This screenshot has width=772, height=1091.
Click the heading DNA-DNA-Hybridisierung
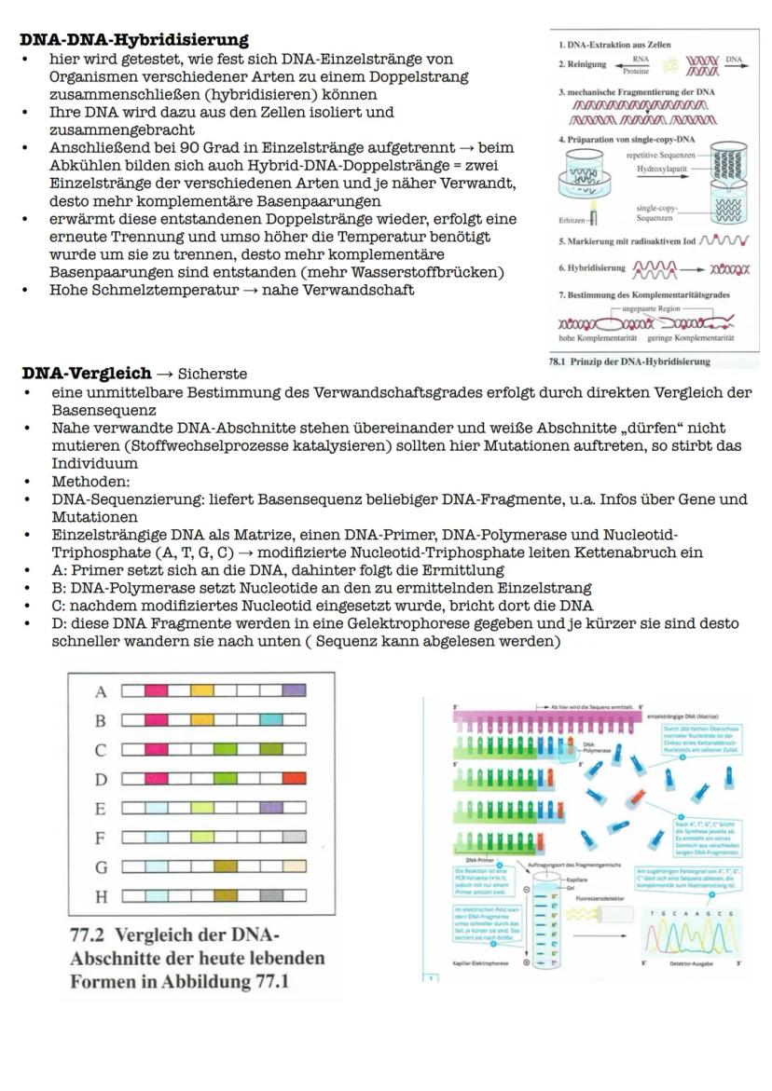tap(134, 39)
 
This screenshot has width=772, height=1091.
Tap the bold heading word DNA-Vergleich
tap(87, 373)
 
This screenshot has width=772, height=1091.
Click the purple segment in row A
tap(294, 691)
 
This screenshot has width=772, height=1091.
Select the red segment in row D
tap(294, 778)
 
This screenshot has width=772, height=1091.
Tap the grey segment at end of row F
tap(294, 837)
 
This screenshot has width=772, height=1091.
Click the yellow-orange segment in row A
tap(201, 691)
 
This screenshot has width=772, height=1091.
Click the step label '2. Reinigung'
tap(582, 65)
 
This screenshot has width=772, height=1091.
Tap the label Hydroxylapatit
tap(659, 169)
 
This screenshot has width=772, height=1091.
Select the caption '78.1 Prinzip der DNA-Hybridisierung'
tap(629, 361)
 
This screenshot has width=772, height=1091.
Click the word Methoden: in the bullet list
tap(90, 482)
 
